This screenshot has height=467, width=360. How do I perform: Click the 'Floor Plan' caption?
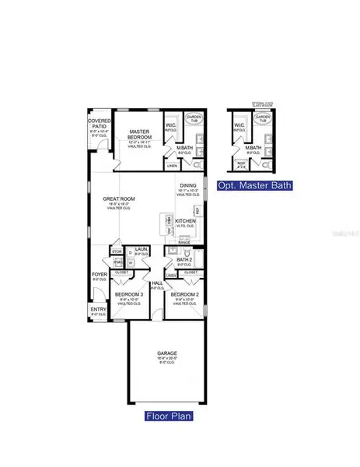click(169, 416)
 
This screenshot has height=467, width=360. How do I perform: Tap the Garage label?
click(167, 353)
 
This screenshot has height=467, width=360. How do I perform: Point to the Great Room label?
click(119, 199)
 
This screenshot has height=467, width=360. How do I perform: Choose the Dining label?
click(188, 186)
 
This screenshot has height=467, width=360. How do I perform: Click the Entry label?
click(98, 310)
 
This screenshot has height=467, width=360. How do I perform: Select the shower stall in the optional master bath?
click(239, 164)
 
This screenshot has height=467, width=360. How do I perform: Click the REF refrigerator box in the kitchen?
click(198, 210)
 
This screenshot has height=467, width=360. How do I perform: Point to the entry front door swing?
click(97, 297)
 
